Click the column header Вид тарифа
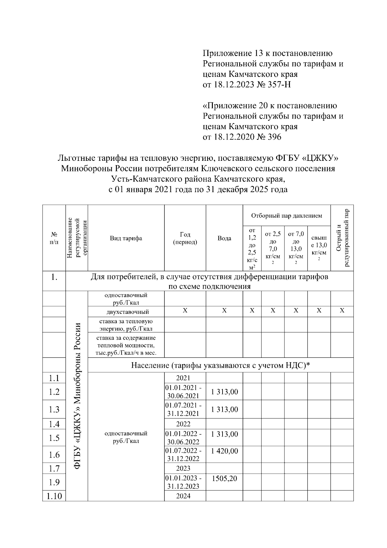click(126, 238)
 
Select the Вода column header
click(224, 238)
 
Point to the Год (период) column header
click(185, 238)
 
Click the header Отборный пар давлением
click(286, 215)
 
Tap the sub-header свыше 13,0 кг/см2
click(319, 249)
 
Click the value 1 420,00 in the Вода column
click(224, 451)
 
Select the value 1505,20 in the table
click(224, 479)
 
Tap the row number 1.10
click(54, 496)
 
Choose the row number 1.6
click(54, 455)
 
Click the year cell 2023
click(183, 468)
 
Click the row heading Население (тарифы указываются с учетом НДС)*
click(220, 365)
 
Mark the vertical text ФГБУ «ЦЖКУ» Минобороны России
click(77, 396)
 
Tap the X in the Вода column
click(224, 311)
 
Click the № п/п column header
click(54, 238)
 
